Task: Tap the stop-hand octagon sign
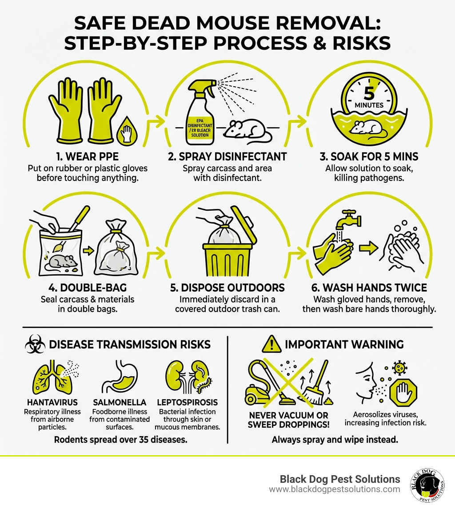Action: [403, 391]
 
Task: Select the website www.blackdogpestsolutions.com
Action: [334, 489]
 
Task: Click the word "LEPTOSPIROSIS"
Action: [187, 402]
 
